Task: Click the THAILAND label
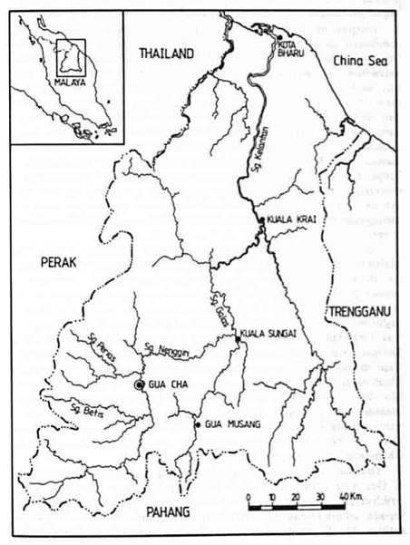pyautogui.click(x=167, y=54)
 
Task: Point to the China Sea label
pyautogui.click(x=359, y=60)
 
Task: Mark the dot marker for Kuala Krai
pyautogui.click(x=261, y=219)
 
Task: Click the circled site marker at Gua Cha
pyautogui.click(x=139, y=386)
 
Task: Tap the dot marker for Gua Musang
pyautogui.click(x=198, y=423)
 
